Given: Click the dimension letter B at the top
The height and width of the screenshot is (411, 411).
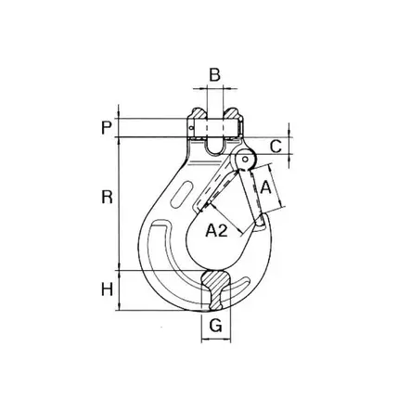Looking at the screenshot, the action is [214, 75].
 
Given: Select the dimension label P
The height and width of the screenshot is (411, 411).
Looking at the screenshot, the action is [107, 128].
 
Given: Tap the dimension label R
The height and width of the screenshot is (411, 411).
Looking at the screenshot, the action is [107, 197].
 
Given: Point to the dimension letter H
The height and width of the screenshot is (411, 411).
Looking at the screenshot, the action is [107, 289].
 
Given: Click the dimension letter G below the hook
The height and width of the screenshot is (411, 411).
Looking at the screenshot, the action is [216, 325].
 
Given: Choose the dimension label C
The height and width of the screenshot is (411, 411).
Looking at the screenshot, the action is [276, 147].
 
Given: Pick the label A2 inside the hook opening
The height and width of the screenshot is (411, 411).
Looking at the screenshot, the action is [217, 230].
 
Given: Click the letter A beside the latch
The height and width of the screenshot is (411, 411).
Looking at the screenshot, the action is [265, 187].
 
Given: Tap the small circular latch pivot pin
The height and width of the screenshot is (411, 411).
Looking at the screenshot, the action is [245, 160].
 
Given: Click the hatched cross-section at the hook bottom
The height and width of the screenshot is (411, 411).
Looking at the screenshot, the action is [215, 289].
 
